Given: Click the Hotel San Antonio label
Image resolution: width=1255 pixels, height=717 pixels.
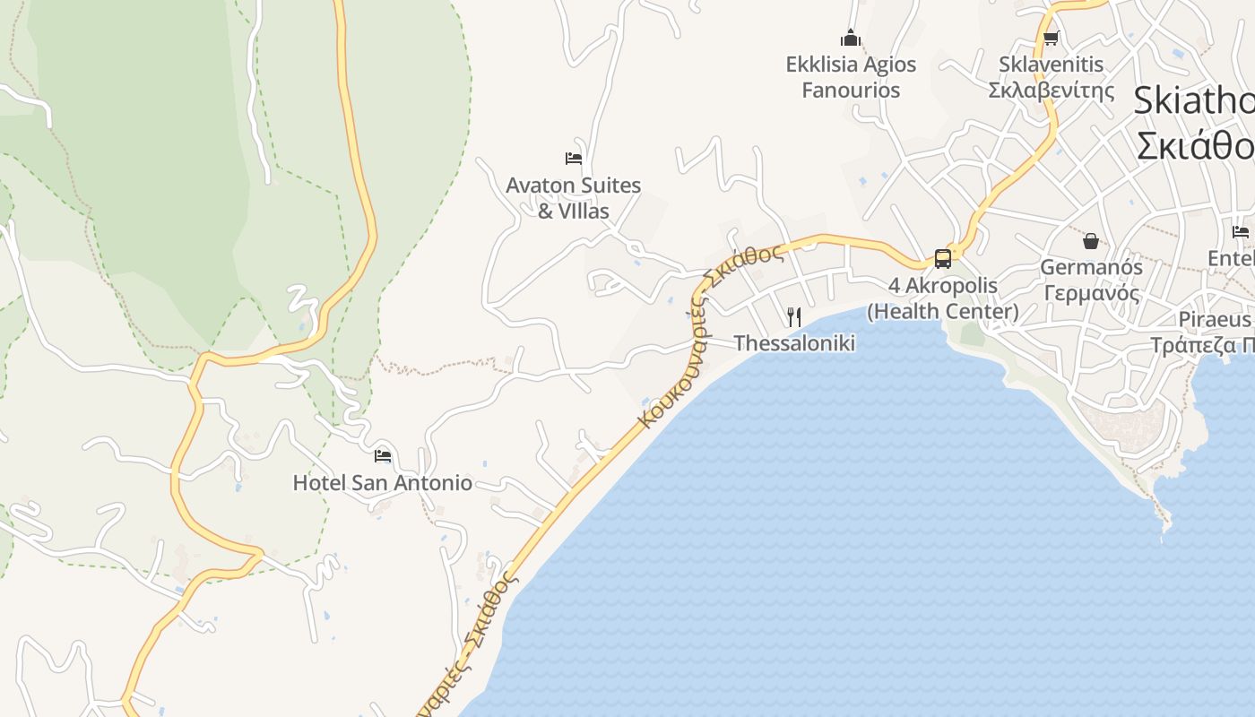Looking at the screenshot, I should pos(382,483).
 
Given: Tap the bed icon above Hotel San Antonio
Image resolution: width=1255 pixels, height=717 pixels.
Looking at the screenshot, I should pos(383,455).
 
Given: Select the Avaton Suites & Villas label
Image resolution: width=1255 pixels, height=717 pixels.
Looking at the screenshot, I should pos(574,198).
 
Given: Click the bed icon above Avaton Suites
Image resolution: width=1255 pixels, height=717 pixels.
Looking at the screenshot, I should pos(574,159).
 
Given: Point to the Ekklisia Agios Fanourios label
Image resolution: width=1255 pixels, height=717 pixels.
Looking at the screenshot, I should pos(851,77).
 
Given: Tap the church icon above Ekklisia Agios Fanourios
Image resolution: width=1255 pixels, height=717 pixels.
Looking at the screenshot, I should pos(851,38).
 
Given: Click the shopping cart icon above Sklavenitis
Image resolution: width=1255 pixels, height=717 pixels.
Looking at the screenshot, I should pos(1051,38).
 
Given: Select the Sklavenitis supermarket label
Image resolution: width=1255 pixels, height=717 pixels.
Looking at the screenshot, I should pos(1052,77).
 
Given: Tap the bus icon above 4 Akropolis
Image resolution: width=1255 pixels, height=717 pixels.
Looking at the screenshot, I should pos(943,259).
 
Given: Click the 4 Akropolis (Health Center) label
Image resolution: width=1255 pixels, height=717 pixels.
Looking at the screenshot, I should pos(943,298).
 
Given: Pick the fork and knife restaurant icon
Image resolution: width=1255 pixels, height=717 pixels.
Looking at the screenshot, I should pos(793,316).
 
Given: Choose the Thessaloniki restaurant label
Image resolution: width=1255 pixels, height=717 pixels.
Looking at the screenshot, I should pos(794,343).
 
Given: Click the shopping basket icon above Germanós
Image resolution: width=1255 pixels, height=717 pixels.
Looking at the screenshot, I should pos(1091,241).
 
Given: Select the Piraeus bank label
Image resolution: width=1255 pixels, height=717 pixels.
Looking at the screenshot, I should pos(1216,320).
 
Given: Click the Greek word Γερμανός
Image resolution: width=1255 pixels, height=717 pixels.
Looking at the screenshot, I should pos(1091,293).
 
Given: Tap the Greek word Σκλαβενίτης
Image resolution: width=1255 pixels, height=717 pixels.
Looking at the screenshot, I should pos(1052,91).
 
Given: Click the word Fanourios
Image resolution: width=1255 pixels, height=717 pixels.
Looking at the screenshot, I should pos(851,91).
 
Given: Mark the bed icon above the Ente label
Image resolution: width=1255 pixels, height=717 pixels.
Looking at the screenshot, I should pos(1241,232).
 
